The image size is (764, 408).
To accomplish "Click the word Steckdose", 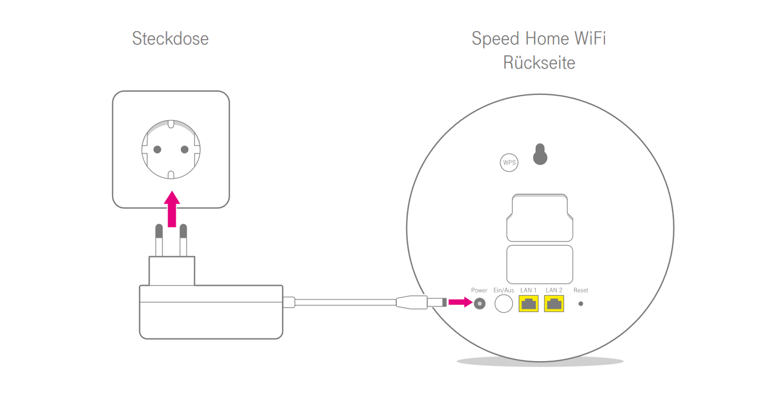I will tap(170, 39).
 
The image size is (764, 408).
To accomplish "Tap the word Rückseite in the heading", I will tap(539, 63).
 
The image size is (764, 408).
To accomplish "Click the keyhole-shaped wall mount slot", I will tap(540, 155).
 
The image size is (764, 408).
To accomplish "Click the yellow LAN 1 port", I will tap(529, 304).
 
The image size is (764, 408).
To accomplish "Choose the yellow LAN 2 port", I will tap(554, 304).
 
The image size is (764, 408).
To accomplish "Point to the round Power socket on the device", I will tap(479, 303).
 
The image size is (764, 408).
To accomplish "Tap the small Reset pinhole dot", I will tap(581, 303).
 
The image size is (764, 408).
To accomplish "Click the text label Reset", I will tap(581, 290).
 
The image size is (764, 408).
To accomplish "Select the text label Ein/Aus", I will tap(504, 290).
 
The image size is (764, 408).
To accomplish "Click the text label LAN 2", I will tap(554, 290).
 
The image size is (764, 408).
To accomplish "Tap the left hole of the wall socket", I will tap(157, 149).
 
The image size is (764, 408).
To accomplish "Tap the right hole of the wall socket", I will tap(184, 149).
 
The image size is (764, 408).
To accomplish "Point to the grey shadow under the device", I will tap(540, 362).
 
